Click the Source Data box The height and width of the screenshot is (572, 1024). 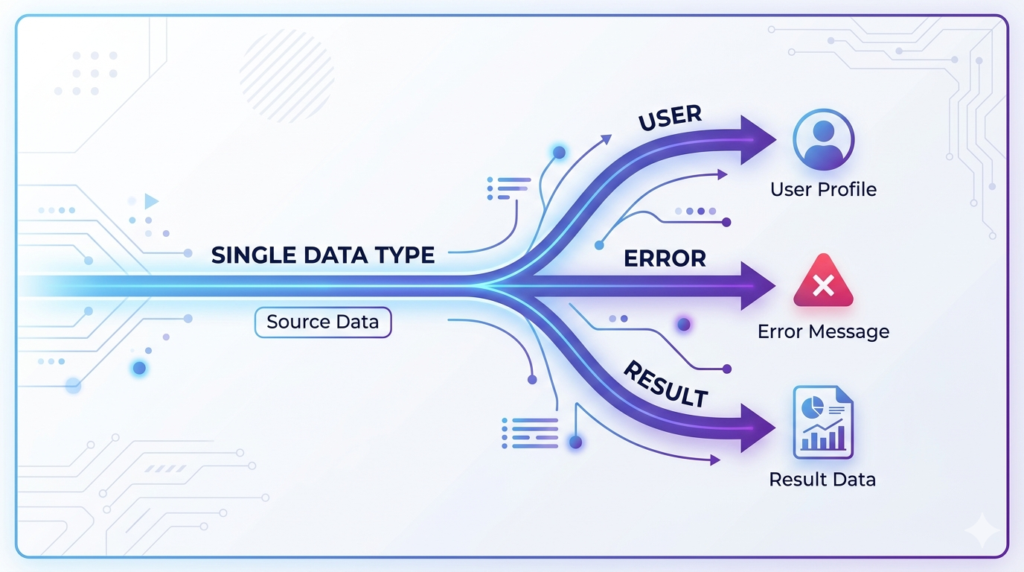pyautogui.click(x=322, y=322)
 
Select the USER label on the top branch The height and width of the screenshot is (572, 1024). pyautogui.click(x=671, y=118)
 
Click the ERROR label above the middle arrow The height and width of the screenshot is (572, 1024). pyautogui.click(x=665, y=258)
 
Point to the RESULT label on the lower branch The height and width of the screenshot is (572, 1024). pyautogui.click(x=665, y=384)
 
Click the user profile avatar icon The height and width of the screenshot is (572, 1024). pyautogui.click(x=823, y=139)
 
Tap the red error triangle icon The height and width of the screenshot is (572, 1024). pyautogui.click(x=822, y=282)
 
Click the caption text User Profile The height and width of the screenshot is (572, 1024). pyautogui.click(x=823, y=189)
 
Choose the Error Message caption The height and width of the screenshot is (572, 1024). pyautogui.click(x=823, y=331)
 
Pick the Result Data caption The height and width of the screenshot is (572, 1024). pyautogui.click(x=822, y=479)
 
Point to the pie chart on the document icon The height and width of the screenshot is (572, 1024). pyautogui.click(x=812, y=406)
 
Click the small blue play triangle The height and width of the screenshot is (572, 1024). pyautogui.click(x=151, y=201)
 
